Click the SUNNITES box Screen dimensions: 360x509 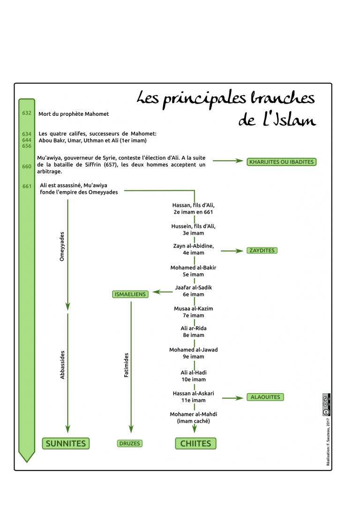[x=66, y=443]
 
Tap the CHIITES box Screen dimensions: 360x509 [x=196, y=443]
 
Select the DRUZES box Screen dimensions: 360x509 [x=129, y=443]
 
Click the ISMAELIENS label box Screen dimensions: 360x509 [x=130, y=294]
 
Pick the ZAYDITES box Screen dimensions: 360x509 [x=262, y=251]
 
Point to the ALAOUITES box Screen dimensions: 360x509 [x=265, y=397]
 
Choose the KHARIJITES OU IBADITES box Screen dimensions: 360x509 [x=281, y=162]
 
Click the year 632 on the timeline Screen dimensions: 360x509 [x=27, y=113]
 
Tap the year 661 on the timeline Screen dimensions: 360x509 [x=27, y=187]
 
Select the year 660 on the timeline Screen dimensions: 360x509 [x=27, y=166]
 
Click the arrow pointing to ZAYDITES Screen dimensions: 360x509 [x=232, y=251]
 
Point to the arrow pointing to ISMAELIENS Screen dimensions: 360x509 [x=163, y=292]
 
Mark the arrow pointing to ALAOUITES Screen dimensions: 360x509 [x=233, y=398]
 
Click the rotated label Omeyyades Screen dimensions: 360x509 [x=62, y=247]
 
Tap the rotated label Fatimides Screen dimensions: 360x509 [x=126, y=365]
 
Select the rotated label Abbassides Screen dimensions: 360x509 [x=62, y=365]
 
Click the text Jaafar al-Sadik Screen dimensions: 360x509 [x=194, y=288]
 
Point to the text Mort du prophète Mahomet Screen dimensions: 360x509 [x=74, y=114]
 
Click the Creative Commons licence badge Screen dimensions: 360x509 [x=326, y=405]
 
